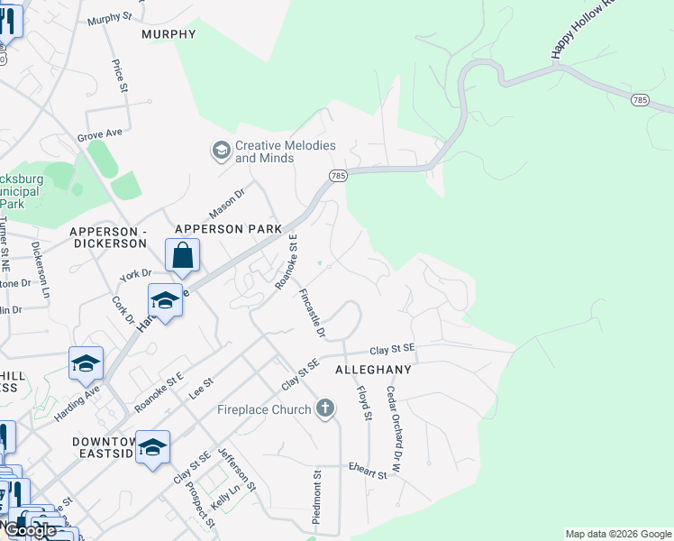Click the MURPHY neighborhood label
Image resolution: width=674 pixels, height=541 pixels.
pyautogui.click(x=168, y=34)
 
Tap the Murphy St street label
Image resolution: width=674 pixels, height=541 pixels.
pyautogui.click(x=110, y=17)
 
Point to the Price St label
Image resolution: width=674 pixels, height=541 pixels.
pyautogui.click(x=118, y=76)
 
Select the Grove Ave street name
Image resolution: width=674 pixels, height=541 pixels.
pyautogui.click(x=99, y=134)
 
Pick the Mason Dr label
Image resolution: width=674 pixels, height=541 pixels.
pyautogui.click(x=227, y=202)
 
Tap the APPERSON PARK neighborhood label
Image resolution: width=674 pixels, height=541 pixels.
pyautogui.click(x=229, y=229)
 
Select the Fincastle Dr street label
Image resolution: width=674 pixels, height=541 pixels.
pyautogui.click(x=312, y=313)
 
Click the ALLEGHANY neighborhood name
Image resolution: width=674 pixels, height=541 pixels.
pyautogui.click(x=373, y=370)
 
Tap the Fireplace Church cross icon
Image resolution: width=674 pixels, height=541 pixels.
pyautogui.click(x=324, y=409)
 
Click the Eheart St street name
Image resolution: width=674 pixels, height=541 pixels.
pyautogui.click(x=368, y=470)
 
